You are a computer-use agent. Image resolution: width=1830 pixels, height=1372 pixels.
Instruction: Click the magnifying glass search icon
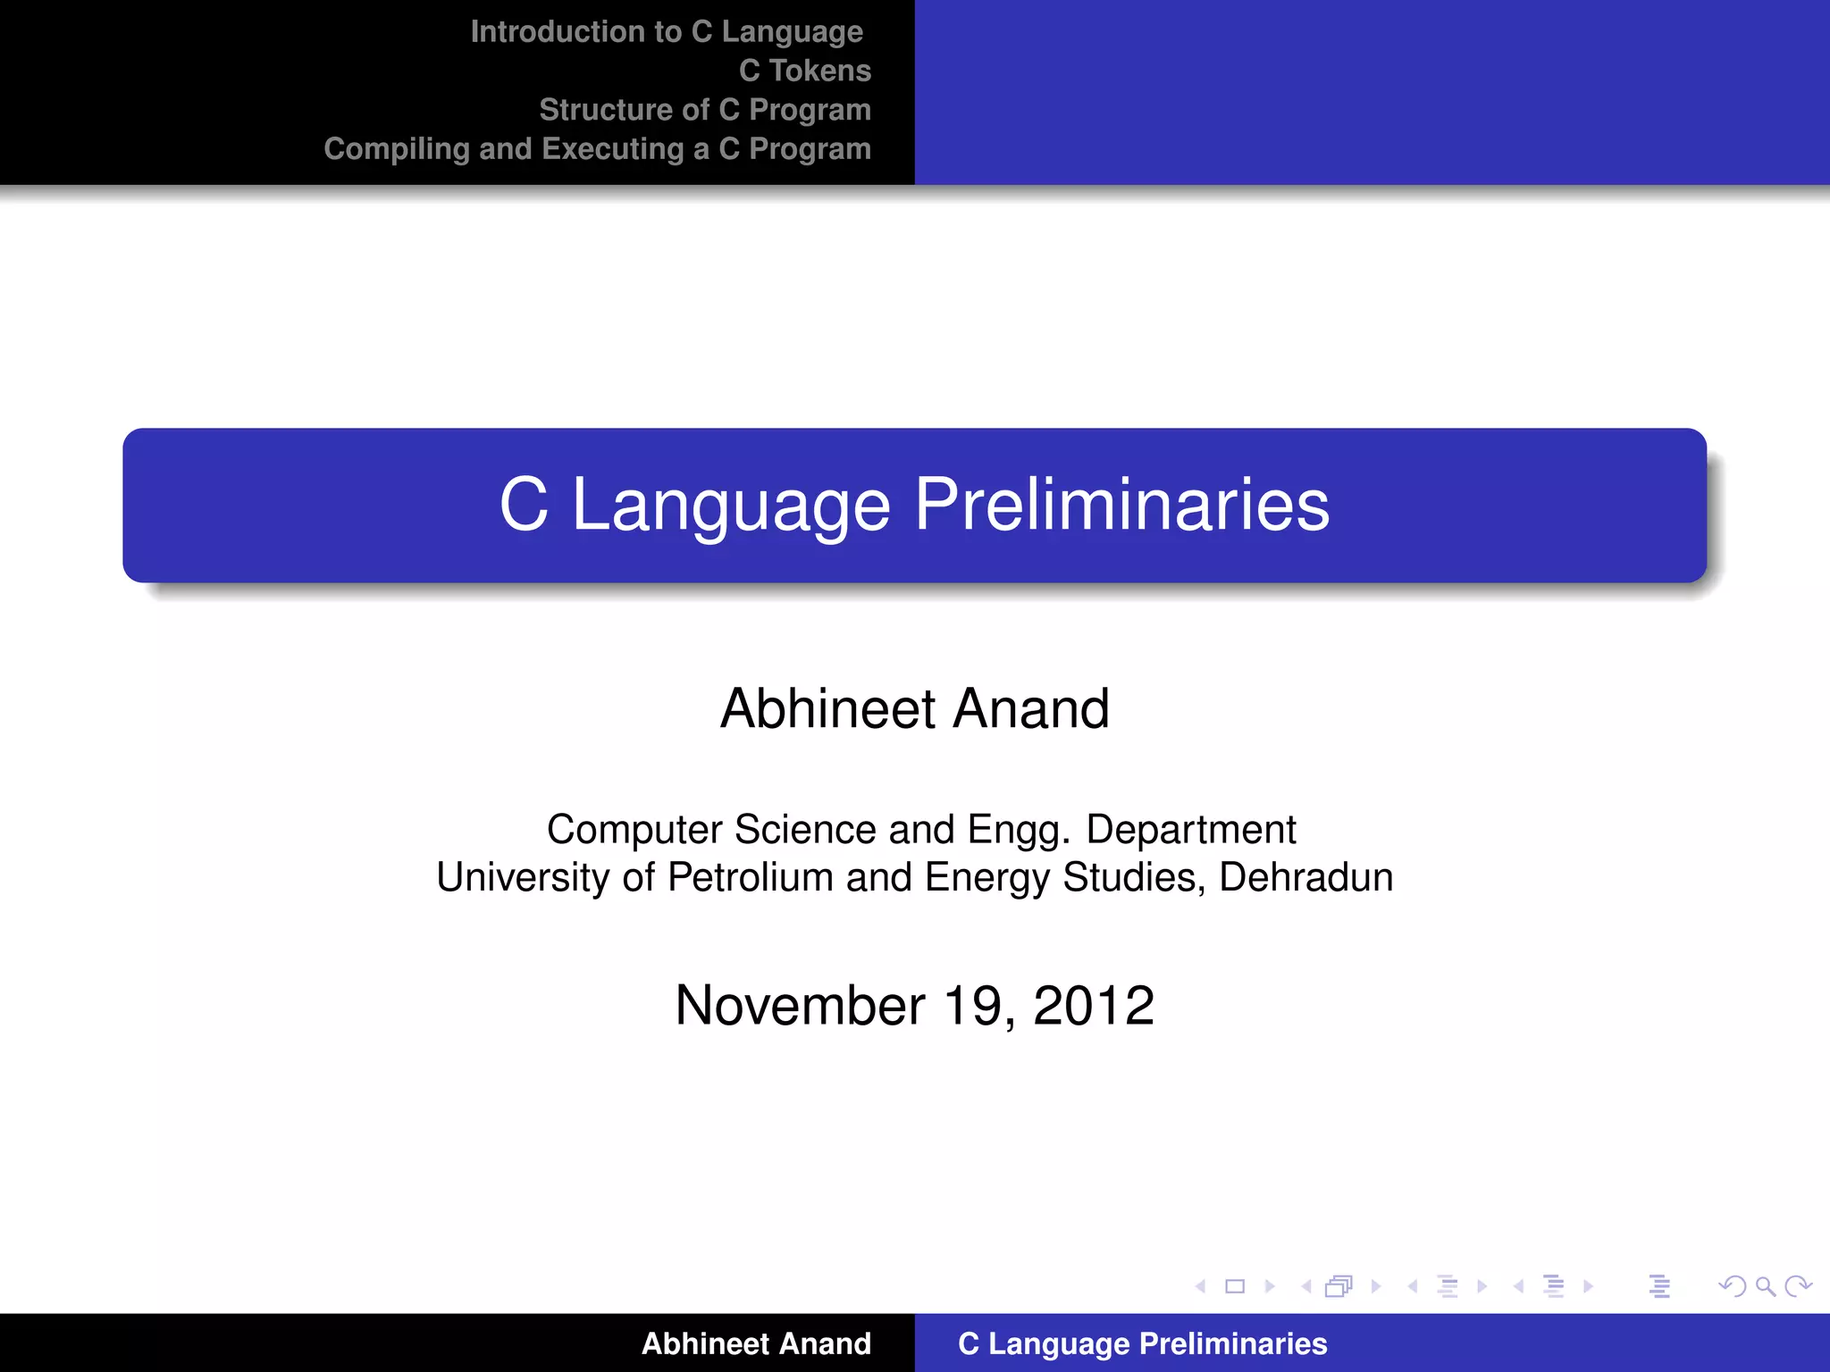tap(1765, 1287)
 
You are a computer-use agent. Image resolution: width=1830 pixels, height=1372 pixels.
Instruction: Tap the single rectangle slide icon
tap(1235, 1287)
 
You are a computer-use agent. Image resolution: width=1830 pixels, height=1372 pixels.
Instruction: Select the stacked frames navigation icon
tap(1339, 1287)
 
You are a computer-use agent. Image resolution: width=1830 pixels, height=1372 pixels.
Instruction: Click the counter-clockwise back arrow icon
tap(1732, 1287)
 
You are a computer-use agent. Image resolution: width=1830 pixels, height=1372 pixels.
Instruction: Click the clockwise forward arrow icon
tap(1798, 1287)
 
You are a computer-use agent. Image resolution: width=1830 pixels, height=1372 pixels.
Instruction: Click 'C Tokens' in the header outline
tap(804, 71)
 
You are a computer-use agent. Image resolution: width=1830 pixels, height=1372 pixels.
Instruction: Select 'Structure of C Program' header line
tap(704, 110)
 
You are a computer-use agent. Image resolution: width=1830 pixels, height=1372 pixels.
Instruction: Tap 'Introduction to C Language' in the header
tap(667, 31)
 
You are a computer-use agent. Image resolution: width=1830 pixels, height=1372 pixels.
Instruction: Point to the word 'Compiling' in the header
tap(396, 149)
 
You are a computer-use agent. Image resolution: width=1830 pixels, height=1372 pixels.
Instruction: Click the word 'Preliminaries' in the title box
tap(1121, 505)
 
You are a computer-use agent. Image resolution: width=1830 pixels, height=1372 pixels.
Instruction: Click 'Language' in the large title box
tap(731, 506)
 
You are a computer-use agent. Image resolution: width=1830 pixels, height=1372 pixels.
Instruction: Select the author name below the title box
tap(914, 708)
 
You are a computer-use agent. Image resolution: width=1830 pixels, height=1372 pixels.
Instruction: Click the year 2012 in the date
tap(1094, 1006)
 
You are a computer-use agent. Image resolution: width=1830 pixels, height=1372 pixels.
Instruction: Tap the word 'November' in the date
tap(800, 1006)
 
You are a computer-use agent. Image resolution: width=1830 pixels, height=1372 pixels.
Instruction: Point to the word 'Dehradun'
tap(1305, 877)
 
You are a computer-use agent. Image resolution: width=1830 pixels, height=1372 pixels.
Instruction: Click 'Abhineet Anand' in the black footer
tap(756, 1343)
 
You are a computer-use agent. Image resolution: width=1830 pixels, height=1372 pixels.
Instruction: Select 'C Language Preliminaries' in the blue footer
tap(1142, 1343)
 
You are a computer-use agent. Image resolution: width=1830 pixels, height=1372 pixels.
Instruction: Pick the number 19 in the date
tap(977, 1006)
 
